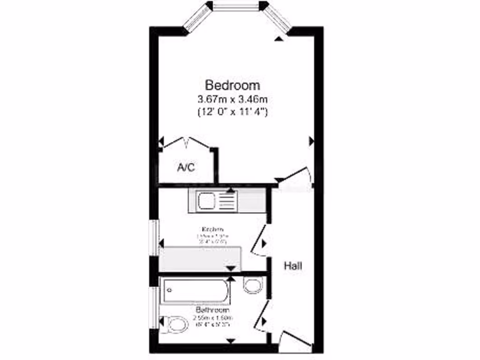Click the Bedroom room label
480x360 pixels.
point(232,85)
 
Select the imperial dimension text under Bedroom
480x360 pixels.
point(232,112)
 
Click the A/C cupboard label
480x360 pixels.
point(186,168)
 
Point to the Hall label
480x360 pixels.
point(292,266)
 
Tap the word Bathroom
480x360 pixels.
point(212,310)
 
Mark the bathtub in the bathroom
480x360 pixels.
point(195,291)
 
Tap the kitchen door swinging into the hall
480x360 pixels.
point(258,240)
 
